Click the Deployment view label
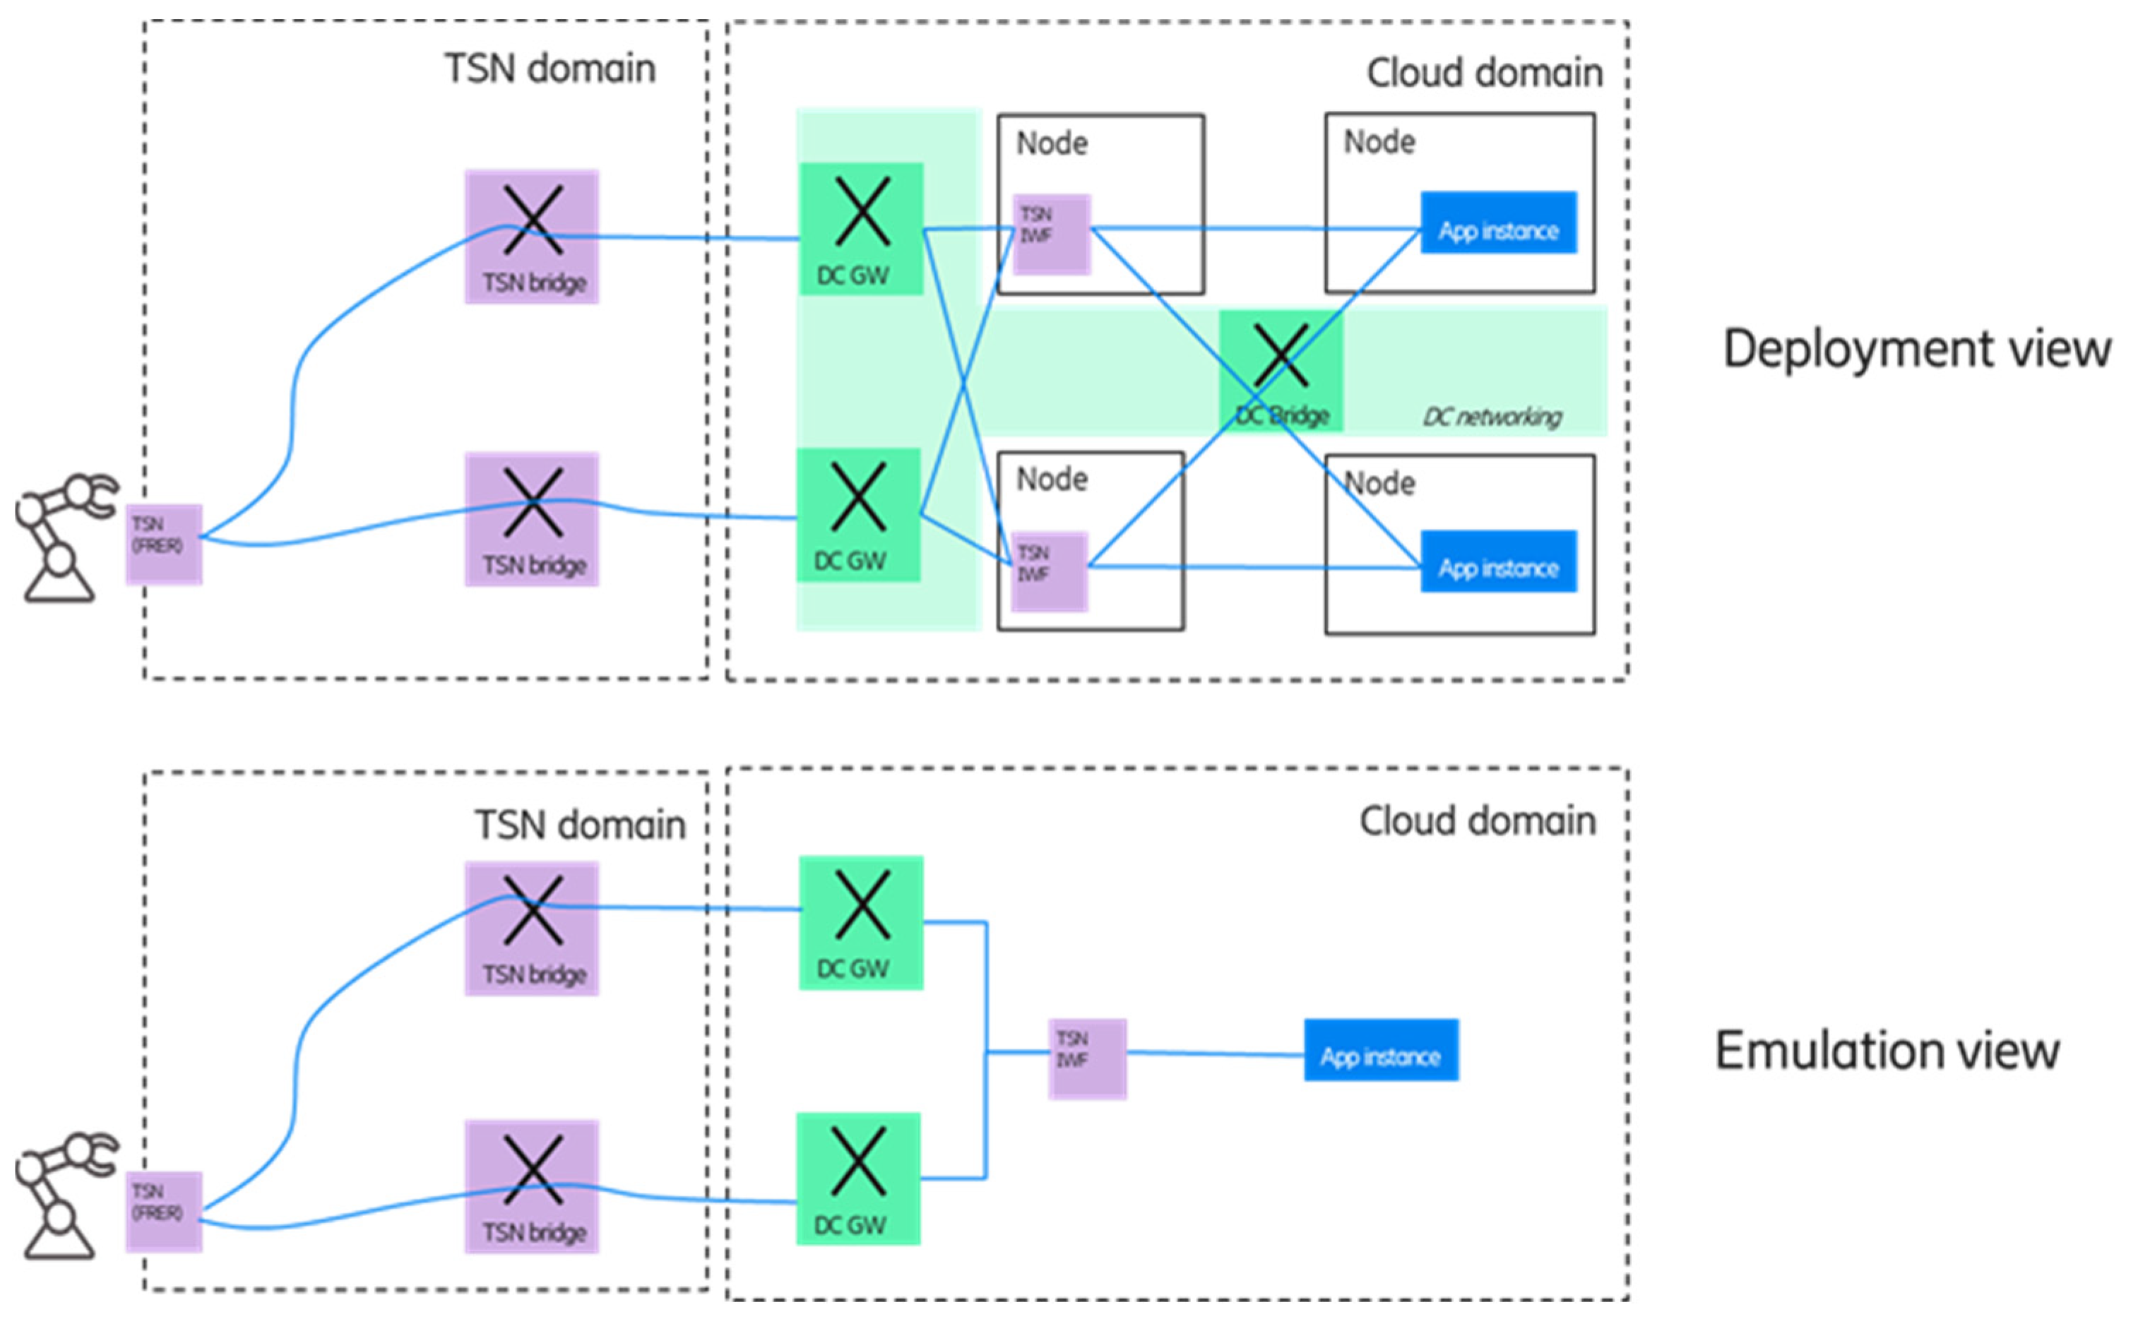coord(1916,350)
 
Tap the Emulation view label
coord(1887,1051)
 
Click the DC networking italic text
coord(1492,417)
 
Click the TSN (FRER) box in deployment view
coord(164,544)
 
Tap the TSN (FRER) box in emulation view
coord(164,1211)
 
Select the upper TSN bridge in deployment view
coord(532,237)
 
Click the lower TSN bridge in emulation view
coord(532,1186)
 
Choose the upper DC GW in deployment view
coord(861,229)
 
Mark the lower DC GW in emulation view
coord(858,1178)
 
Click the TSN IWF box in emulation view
coord(1087,1058)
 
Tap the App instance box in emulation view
coord(1380,1050)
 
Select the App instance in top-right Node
coord(1497,223)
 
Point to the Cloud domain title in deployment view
coord(1485,73)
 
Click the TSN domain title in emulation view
coord(580,825)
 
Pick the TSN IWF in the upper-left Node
coord(1052,234)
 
